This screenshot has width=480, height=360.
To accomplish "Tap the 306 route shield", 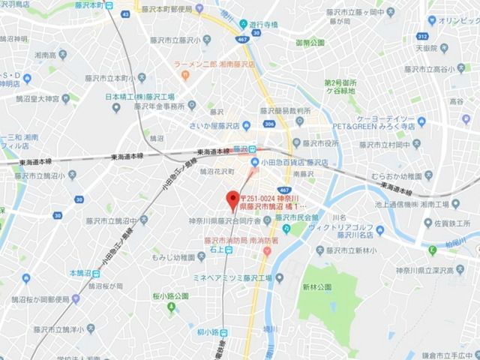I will tap(268, 125).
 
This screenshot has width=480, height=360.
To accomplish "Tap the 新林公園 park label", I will tap(316, 286).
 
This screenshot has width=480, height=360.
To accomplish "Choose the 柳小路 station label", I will tap(210, 331).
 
